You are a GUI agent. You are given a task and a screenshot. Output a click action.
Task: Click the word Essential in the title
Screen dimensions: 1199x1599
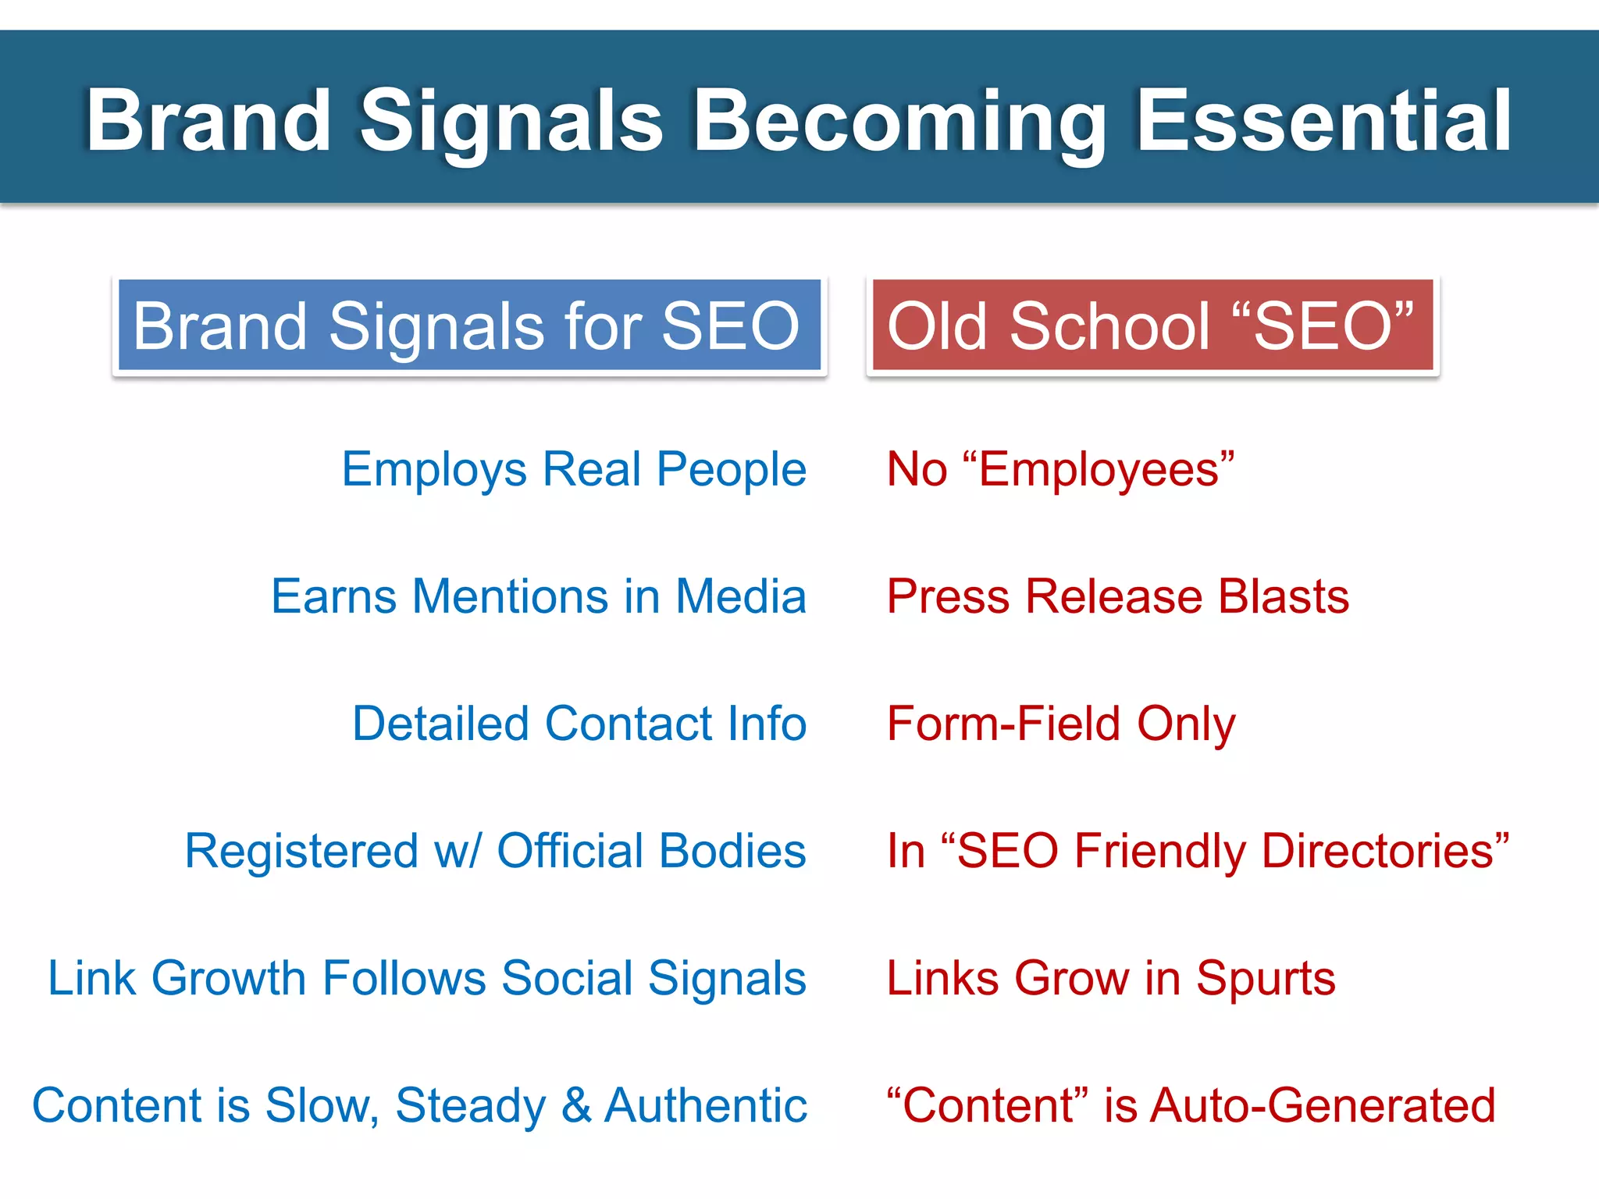click(x=1323, y=121)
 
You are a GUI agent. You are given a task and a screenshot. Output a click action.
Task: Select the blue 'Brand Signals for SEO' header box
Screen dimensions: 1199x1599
click(x=468, y=326)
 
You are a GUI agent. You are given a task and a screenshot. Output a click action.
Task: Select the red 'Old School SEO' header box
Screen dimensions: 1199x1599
click(x=1152, y=326)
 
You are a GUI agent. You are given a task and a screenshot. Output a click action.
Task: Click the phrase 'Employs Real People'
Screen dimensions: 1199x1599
click(x=574, y=470)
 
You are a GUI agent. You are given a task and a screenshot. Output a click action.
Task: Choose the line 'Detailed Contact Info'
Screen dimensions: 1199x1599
click(x=579, y=724)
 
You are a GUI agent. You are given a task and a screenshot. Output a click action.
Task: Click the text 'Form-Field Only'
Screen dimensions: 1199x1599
click(x=1061, y=724)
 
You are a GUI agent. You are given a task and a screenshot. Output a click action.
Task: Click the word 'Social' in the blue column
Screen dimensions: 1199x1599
click(x=567, y=978)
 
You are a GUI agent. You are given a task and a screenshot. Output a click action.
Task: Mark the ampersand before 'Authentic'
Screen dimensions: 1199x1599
click(x=576, y=1105)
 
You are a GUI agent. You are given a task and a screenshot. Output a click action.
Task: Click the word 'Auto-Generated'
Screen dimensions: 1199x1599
click(x=1323, y=1105)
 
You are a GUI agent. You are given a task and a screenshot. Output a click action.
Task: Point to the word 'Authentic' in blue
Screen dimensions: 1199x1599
click(x=706, y=1105)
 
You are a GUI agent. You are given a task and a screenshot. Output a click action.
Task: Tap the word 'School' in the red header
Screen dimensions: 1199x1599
click(x=1109, y=326)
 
